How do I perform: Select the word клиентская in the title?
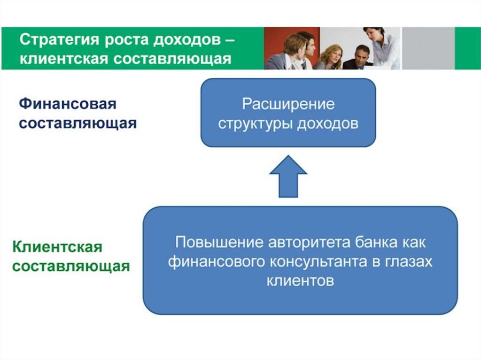64,58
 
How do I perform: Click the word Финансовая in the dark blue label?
68,104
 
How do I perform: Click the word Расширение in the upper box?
288,104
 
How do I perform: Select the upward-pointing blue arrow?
288,176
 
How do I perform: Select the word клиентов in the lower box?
300,281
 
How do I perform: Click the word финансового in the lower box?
217,261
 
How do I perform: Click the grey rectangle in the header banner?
428,48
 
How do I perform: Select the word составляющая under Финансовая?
78,123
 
